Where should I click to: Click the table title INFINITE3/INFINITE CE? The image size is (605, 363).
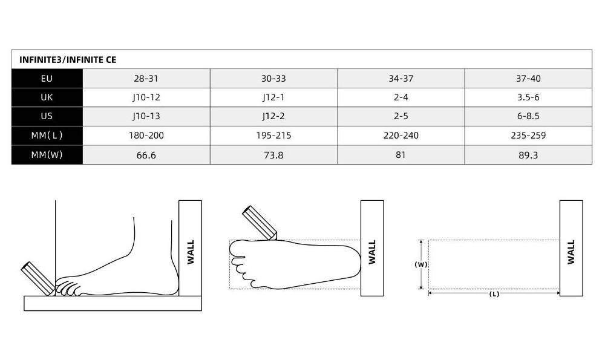[x=68, y=60]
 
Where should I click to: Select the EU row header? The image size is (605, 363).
[x=47, y=78]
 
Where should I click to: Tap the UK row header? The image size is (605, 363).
[x=47, y=97]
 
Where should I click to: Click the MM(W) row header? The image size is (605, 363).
[x=47, y=155]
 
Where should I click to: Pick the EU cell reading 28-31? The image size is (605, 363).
[x=146, y=78]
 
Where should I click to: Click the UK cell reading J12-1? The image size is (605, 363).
[x=273, y=97]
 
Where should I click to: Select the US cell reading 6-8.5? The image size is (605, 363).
[x=528, y=116]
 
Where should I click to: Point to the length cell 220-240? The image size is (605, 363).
[x=401, y=136]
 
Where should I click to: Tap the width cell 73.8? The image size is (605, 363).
[x=273, y=155]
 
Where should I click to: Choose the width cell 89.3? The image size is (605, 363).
[x=528, y=155]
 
